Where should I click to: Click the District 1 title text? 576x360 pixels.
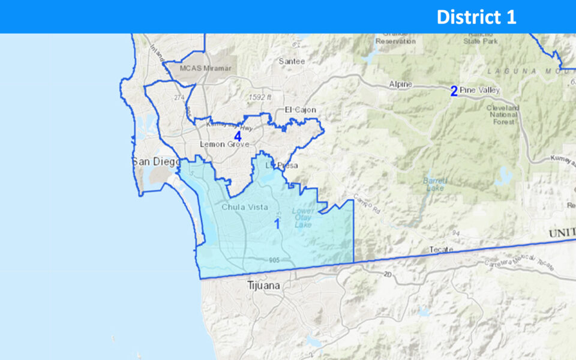click(x=476, y=17)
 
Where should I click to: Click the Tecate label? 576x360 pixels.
click(x=441, y=249)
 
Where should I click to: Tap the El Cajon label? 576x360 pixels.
click(x=300, y=110)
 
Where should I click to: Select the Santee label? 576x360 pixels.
click(x=292, y=61)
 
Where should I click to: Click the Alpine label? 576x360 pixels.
click(x=400, y=85)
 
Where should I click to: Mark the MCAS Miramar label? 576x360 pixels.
click(x=205, y=69)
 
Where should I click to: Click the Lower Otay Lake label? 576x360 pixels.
click(x=303, y=218)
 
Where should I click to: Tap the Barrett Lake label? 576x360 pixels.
click(x=434, y=183)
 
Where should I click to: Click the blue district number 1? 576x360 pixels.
click(x=277, y=224)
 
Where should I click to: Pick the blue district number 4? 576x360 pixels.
click(x=238, y=136)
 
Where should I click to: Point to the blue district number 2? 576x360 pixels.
click(x=454, y=91)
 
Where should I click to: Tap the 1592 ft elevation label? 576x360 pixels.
click(x=261, y=96)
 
